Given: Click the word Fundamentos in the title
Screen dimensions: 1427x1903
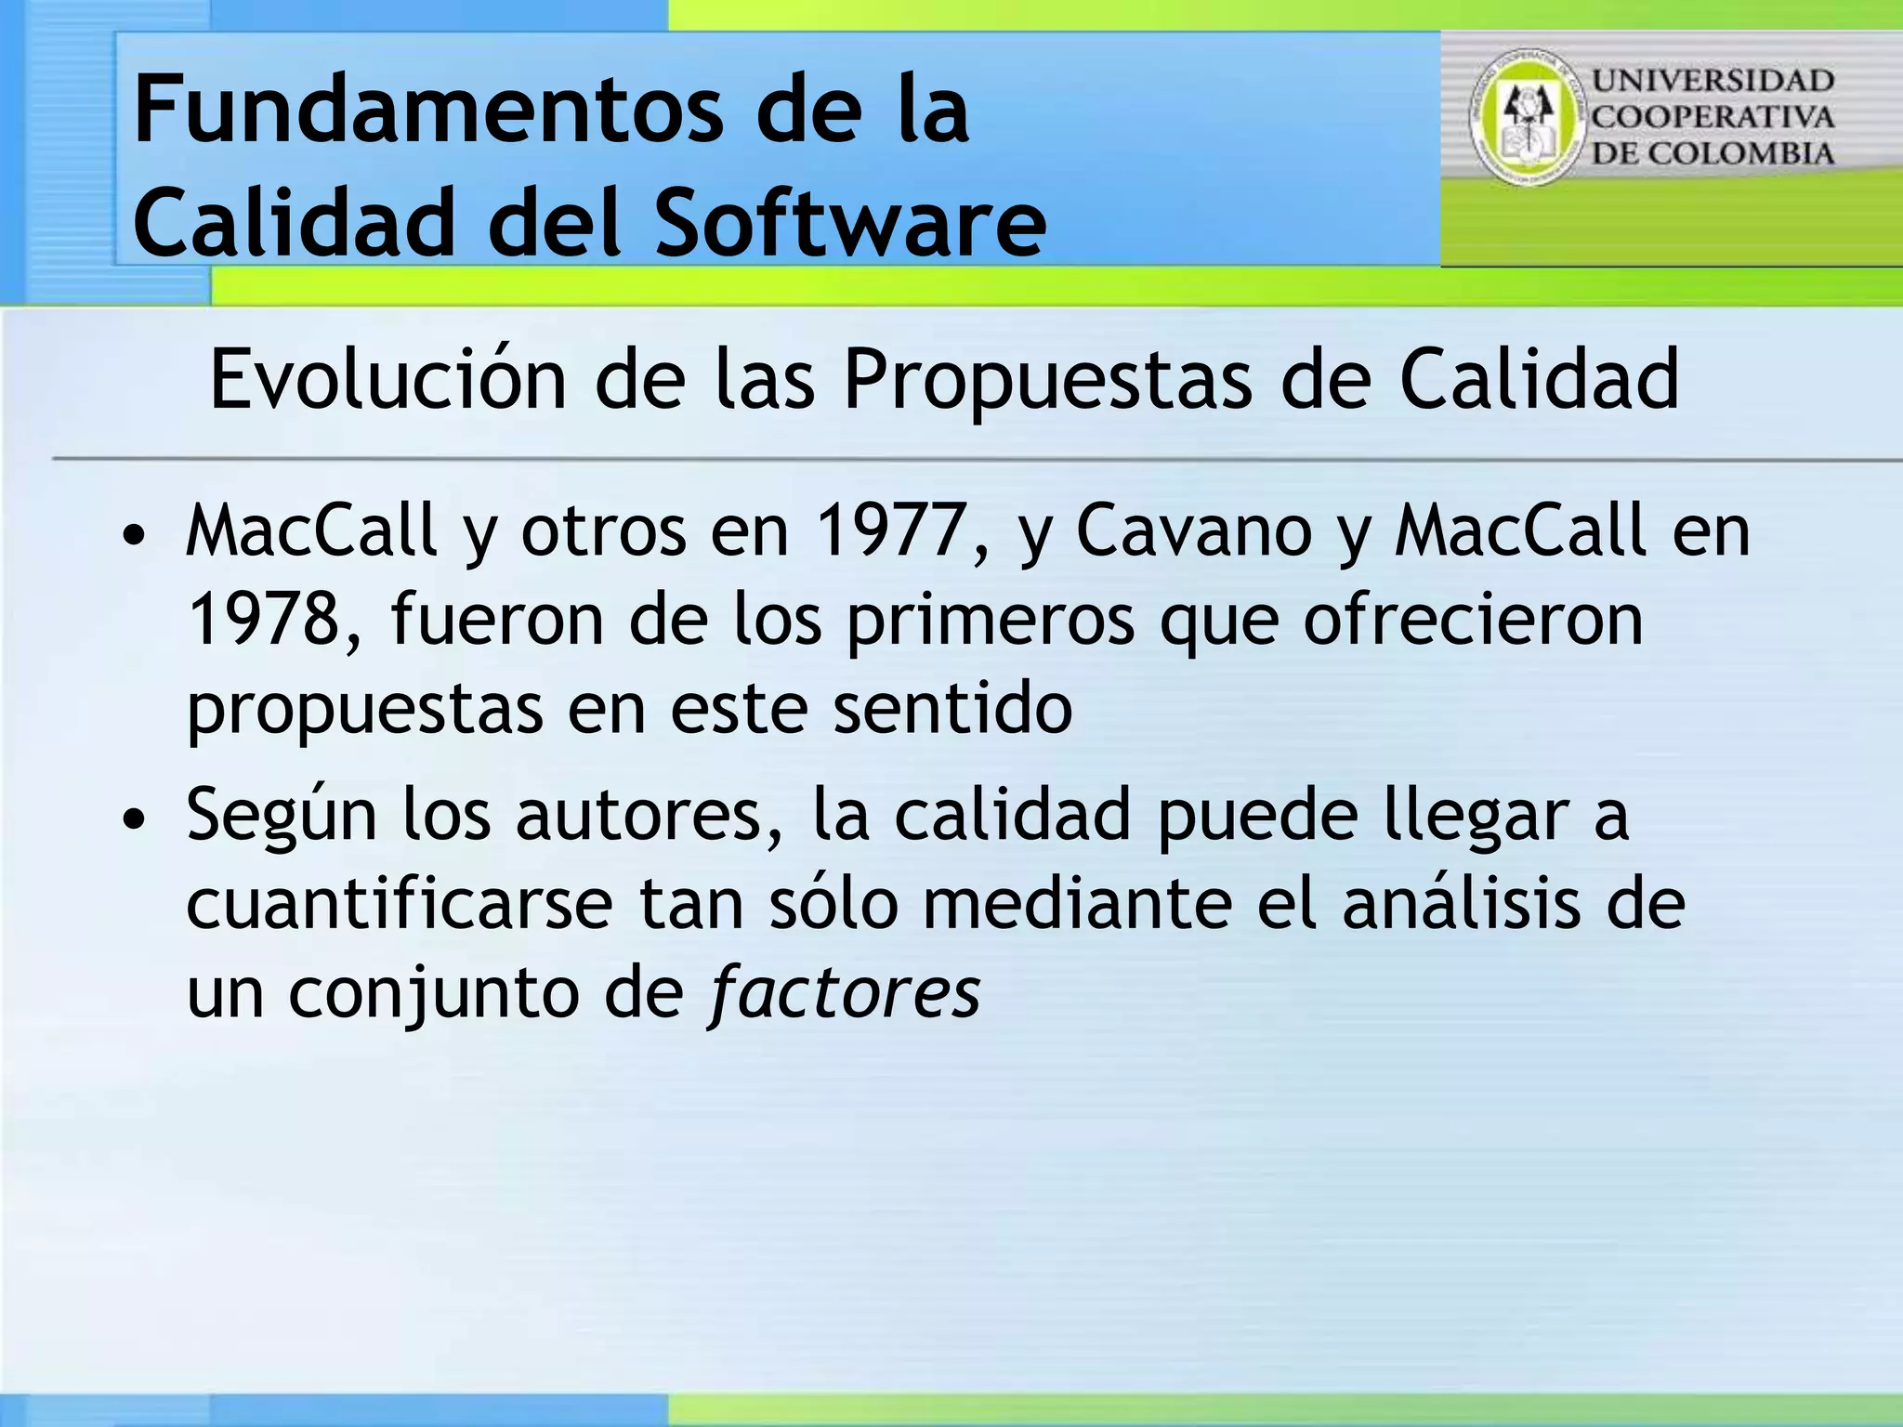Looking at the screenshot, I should (427, 111).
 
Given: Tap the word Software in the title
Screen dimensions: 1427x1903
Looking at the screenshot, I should (850, 223).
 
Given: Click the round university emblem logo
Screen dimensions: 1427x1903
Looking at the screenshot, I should (1526, 117).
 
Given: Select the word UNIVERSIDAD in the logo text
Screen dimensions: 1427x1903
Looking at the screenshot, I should (1713, 81).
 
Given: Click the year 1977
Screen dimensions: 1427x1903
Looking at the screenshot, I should (887, 530).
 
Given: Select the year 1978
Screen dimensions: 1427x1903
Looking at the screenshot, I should (265, 620).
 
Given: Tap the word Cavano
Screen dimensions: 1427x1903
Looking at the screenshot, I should (1193, 530).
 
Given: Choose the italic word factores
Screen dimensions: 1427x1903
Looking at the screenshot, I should (843, 992).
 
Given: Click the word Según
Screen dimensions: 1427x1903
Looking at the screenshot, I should (282, 816).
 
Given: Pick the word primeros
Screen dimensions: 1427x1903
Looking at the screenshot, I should (990, 620).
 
